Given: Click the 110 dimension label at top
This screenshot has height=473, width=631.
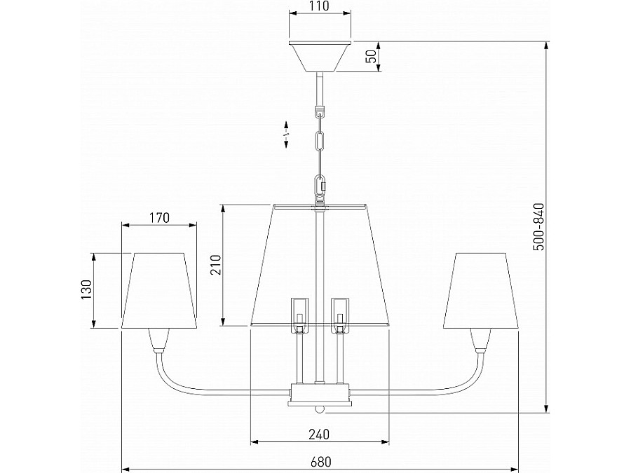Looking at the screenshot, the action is (320, 6).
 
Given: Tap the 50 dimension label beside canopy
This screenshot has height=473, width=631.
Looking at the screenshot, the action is (373, 56).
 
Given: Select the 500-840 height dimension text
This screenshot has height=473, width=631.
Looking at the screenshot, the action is (538, 227).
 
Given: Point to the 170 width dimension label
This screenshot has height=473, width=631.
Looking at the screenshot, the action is (159, 218).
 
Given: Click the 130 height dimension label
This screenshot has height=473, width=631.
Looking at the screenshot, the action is (86, 289).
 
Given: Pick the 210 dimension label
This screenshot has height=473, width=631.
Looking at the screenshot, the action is (216, 265).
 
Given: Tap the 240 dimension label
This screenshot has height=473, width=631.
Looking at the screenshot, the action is (319, 434).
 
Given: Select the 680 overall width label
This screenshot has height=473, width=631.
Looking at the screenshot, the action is (320, 461).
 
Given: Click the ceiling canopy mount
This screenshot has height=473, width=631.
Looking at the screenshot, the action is (320, 56).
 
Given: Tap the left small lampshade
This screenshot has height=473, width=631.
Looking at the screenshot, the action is (159, 290).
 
